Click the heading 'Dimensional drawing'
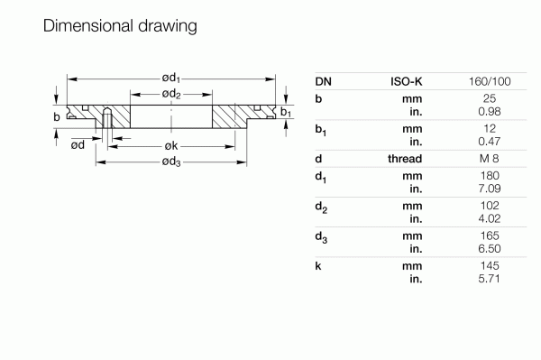(119, 26)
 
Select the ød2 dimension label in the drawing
(171, 95)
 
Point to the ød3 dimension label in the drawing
(171, 162)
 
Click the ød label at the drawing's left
(78, 145)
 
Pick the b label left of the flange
(57, 116)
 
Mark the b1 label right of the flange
(286, 112)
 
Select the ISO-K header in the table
(405, 82)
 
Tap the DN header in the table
(323, 82)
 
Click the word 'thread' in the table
(405, 159)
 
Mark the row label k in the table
(318, 267)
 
